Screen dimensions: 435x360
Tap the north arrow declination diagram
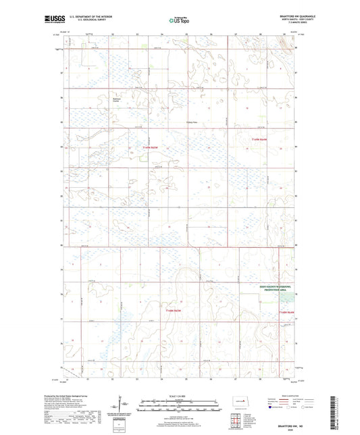pos(122,404)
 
